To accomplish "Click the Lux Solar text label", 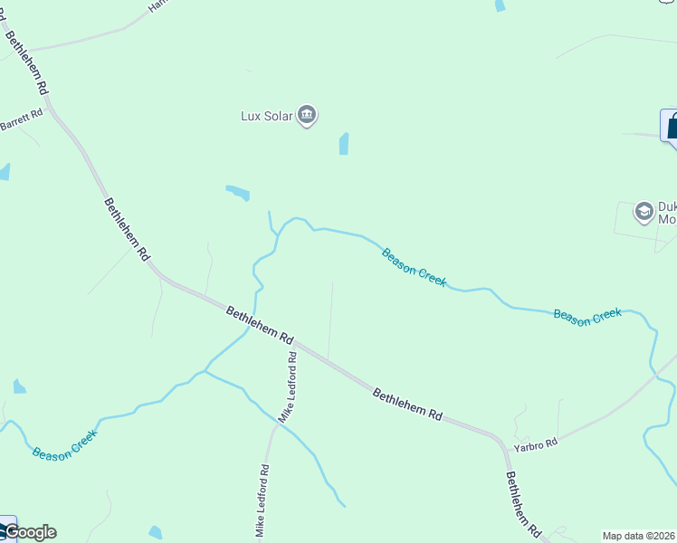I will tap(267, 116).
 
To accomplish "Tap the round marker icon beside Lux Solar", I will tap(307, 116).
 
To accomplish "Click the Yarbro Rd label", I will tap(536, 443).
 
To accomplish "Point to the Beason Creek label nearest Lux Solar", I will tap(414, 267).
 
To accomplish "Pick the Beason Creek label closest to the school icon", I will tap(587, 316).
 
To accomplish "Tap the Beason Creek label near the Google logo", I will tap(64, 443).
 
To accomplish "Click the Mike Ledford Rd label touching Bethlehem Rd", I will tap(289, 386).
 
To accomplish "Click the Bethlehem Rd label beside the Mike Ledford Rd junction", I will tap(260, 324).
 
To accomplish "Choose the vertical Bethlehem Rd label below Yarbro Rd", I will tap(522, 504).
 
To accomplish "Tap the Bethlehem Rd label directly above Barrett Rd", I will tap(26, 62).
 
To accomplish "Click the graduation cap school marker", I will tap(644, 212).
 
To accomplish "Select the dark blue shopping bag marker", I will tap(671, 127).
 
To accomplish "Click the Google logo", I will tap(29, 532).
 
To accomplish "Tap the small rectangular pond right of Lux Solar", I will tap(344, 144).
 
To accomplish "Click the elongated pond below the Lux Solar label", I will tap(237, 192).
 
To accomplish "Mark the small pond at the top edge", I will tap(500, 5).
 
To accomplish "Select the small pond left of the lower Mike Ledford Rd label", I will tap(155, 532).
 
